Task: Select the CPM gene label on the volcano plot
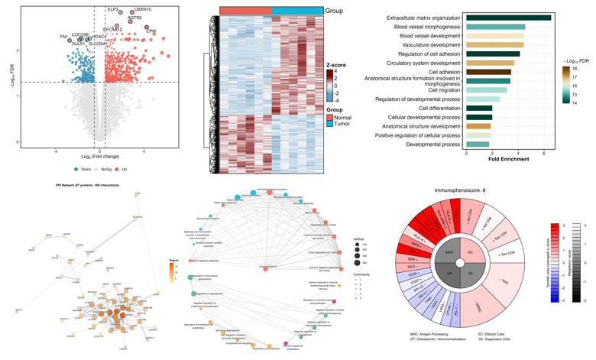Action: point(151,31)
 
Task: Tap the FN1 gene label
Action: point(63,36)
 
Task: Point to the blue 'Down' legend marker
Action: point(76,169)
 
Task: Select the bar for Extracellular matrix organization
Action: point(508,18)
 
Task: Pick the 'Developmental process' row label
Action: point(433,144)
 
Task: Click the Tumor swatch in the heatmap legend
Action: point(330,124)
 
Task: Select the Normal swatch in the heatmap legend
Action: point(330,117)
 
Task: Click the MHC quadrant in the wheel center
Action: point(449,252)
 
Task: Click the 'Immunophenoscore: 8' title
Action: point(460,190)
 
